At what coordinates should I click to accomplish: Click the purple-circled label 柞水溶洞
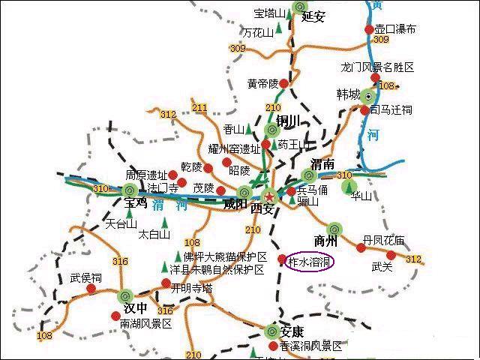pyautogui.click(x=310, y=261)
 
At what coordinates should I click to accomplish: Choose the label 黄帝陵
pyautogui.click(x=262, y=82)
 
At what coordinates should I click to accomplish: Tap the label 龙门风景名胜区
pyautogui.click(x=376, y=67)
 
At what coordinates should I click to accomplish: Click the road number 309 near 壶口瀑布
pyautogui.click(x=381, y=40)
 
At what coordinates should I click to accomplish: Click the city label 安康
pyautogui.click(x=292, y=332)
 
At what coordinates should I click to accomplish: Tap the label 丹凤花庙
pyautogui.click(x=383, y=241)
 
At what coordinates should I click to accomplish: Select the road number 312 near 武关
pyautogui.click(x=413, y=259)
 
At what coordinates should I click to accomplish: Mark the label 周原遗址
pyautogui.click(x=145, y=175)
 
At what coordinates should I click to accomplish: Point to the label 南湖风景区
pyautogui.click(x=145, y=324)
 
